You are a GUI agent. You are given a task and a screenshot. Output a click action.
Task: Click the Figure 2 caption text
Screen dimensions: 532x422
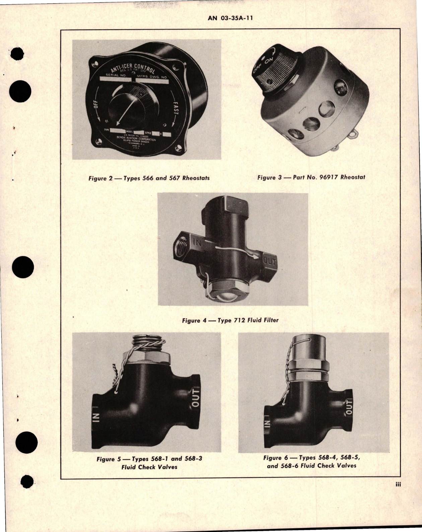point(149,178)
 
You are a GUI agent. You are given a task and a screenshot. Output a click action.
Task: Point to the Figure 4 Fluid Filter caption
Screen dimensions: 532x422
point(230,320)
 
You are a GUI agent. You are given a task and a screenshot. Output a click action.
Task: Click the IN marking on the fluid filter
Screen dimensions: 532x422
point(197,242)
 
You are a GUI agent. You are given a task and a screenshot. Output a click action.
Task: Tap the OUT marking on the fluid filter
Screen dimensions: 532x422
point(269,261)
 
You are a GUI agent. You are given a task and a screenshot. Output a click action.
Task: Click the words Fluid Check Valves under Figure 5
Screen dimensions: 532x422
point(149,467)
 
